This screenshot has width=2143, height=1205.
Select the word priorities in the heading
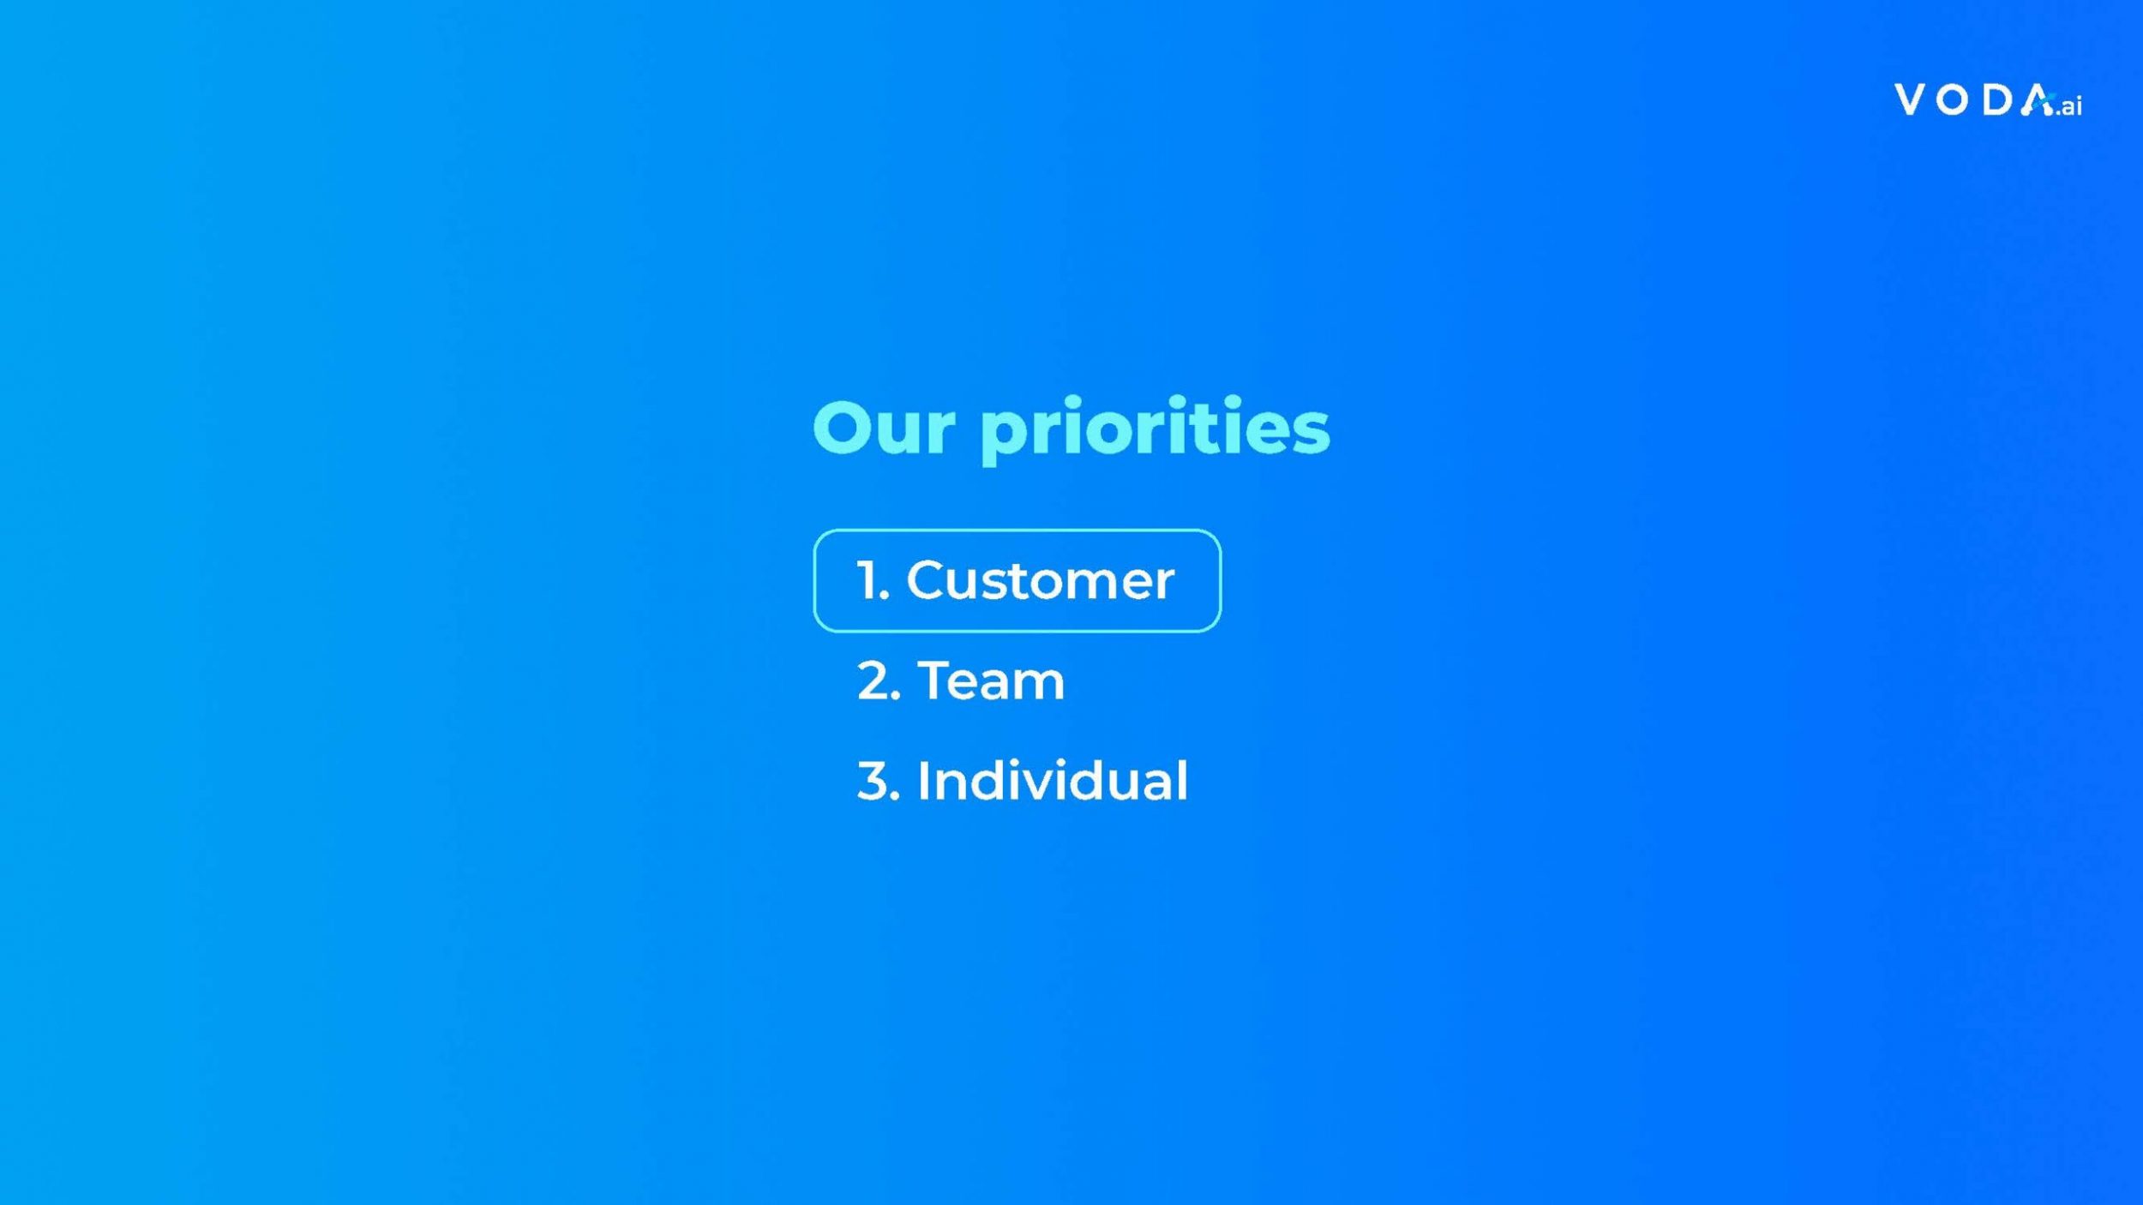point(1156,431)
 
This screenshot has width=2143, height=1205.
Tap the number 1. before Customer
point(873,581)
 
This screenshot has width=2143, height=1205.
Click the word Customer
point(1040,581)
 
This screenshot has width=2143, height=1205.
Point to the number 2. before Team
point(879,681)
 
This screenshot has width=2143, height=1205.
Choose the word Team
point(991,681)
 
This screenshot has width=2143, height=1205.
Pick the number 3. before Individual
point(879,782)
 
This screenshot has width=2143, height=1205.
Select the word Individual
point(1053,780)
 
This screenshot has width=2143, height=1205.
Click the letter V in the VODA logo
point(1911,99)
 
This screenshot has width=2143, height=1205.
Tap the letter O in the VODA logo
point(1953,100)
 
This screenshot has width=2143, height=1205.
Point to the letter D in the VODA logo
point(1996,99)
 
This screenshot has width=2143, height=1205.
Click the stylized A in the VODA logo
point(2038,99)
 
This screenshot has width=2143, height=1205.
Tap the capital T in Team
point(936,681)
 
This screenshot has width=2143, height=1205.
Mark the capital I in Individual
point(923,782)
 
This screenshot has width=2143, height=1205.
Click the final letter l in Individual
point(1183,780)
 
